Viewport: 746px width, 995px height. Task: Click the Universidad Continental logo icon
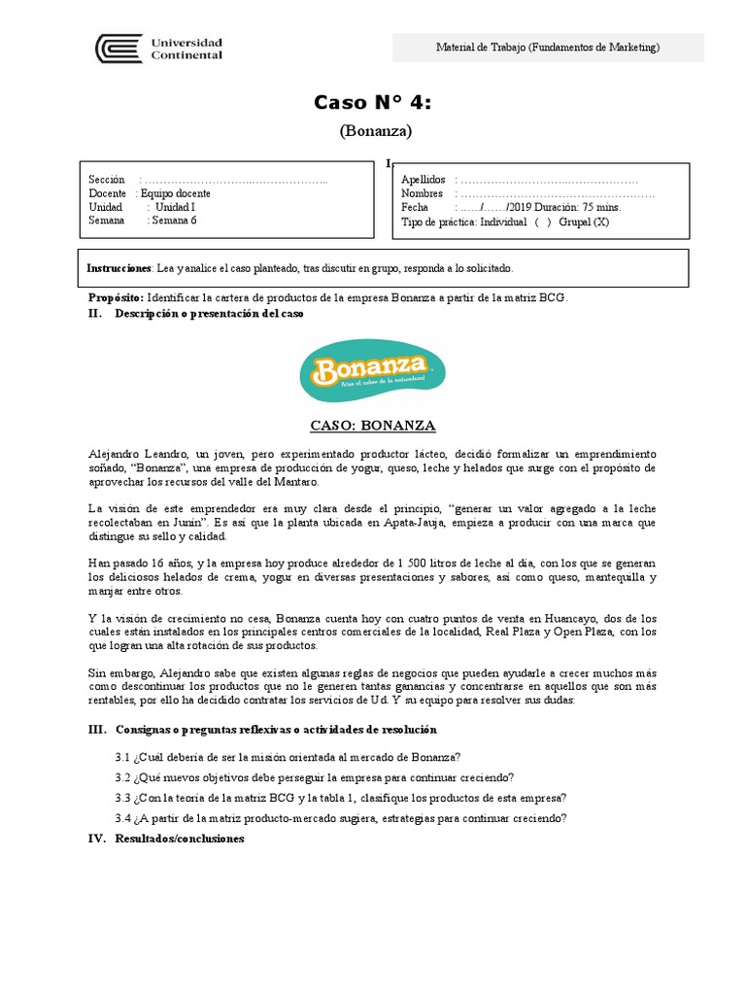(118, 48)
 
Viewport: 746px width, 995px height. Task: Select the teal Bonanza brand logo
(373, 368)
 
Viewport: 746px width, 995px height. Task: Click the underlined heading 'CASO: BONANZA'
(372, 426)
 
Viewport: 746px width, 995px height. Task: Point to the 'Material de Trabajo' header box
(548, 48)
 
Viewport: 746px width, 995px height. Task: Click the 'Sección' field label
(107, 180)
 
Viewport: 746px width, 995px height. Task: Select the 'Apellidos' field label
(423, 180)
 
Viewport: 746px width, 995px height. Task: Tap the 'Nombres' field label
(422, 193)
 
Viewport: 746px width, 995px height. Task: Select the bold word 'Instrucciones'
(119, 267)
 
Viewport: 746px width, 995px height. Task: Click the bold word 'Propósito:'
(116, 297)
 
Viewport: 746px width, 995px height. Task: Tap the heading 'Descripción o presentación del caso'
(209, 314)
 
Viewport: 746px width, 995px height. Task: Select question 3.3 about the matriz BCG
(340, 797)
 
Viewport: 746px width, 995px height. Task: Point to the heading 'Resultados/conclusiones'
(180, 839)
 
